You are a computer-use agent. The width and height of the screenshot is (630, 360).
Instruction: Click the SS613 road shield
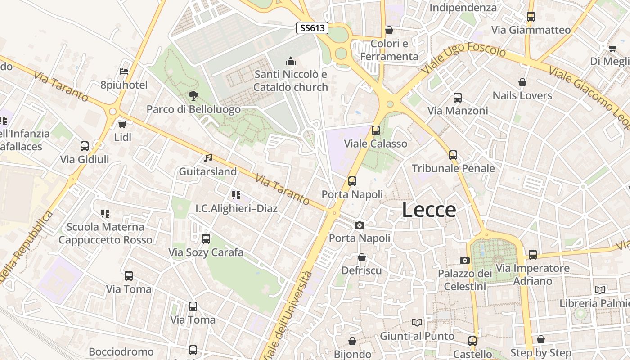(313, 28)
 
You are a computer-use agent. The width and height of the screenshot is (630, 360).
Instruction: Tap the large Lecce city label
(428, 210)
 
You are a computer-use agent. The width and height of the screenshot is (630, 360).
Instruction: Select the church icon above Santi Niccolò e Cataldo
(291, 61)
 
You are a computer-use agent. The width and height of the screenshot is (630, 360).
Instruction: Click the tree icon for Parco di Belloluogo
(193, 95)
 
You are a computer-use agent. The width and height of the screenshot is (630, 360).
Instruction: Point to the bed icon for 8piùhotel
(124, 72)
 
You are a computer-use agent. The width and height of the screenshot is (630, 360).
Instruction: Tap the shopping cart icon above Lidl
(122, 124)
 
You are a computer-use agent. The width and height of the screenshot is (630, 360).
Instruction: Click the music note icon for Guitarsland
(207, 158)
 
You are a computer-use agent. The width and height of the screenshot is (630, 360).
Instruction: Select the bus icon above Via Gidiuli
(85, 146)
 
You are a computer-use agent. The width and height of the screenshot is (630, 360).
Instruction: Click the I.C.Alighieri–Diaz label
(236, 208)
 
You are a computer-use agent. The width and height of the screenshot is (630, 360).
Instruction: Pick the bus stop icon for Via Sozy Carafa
(206, 238)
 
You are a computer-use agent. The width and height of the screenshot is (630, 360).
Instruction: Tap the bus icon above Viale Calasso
(375, 130)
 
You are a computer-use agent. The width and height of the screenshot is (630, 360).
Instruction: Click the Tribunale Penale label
(453, 168)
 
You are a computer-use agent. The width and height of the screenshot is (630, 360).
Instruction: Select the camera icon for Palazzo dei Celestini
(465, 260)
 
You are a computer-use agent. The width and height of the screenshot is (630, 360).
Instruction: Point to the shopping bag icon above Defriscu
(361, 257)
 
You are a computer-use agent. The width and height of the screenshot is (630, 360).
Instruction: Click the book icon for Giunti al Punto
(417, 322)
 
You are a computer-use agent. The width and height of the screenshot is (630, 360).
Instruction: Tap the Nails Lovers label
(522, 95)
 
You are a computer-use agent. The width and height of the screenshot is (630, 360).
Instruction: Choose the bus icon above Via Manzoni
(457, 97)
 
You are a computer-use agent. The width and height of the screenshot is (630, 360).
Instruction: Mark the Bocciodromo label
(121, 351)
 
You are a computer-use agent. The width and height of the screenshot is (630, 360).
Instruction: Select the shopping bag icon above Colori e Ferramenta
(389, 30)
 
